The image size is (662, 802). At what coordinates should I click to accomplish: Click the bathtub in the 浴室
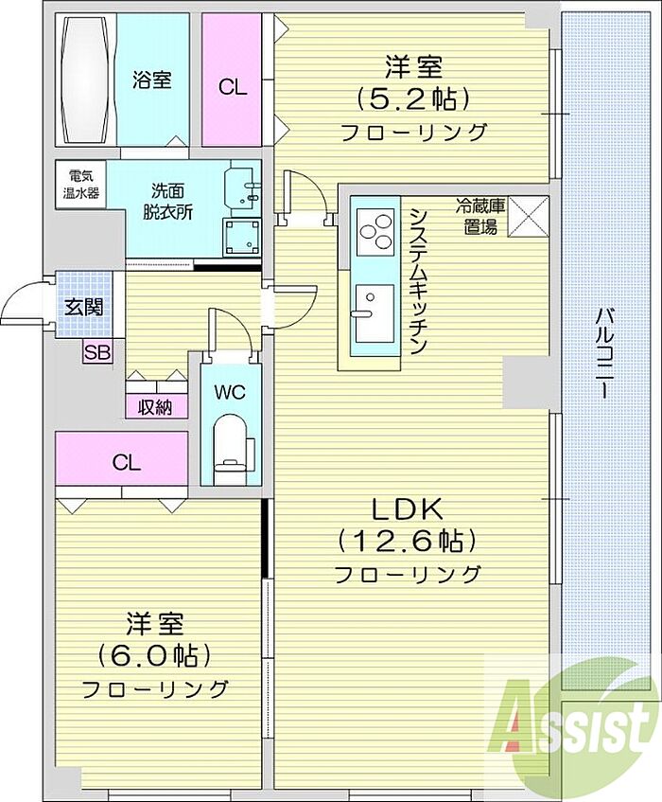87,80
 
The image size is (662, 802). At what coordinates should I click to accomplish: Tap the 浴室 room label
151,80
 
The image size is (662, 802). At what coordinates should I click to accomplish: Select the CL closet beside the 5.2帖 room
232,80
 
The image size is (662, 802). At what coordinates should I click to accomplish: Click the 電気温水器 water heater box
80,185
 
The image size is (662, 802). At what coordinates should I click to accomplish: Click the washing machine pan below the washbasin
242,237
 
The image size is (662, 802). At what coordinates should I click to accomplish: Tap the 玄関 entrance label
84,307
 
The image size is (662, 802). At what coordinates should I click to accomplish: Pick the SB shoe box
97,352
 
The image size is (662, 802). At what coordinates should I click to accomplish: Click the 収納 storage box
156,406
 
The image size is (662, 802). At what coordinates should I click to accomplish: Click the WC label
230,392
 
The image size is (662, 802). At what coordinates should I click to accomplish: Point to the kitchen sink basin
375,313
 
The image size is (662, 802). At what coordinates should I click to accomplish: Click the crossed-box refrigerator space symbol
529,217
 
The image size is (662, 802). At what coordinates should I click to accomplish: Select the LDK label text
407,509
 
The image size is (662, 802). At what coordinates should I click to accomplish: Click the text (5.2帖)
412,98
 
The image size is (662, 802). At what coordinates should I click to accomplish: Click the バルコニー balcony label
604,352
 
